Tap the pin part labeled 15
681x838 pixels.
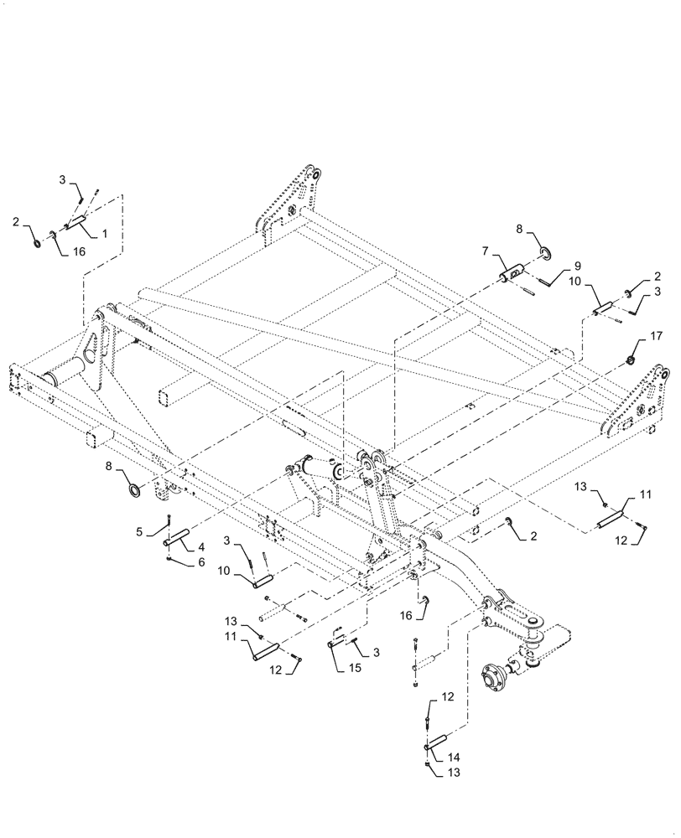tap(335, 644)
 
